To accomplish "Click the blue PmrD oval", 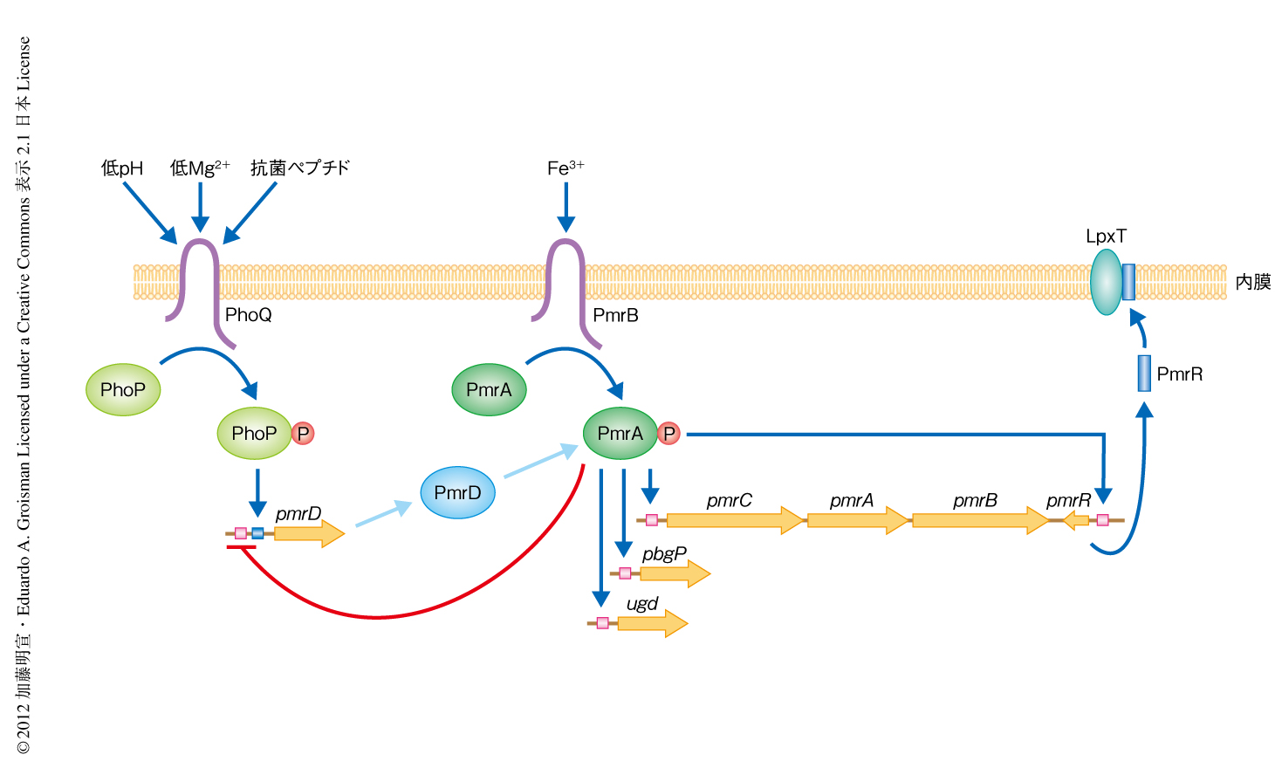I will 457,493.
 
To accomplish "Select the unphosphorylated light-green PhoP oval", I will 123,390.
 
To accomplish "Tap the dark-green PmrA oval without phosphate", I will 489,390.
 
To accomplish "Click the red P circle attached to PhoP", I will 303,434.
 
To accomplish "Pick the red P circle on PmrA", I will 668,434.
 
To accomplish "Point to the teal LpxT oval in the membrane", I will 1106,282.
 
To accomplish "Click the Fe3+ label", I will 566,168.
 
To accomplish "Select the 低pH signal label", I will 122,168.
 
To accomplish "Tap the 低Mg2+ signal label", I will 200,168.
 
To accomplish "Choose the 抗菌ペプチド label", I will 300,168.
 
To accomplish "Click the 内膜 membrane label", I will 1253,282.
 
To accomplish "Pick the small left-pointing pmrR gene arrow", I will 1076,520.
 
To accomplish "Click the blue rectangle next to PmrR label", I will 1144,374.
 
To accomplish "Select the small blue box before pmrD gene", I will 257,533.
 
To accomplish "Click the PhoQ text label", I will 249,315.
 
